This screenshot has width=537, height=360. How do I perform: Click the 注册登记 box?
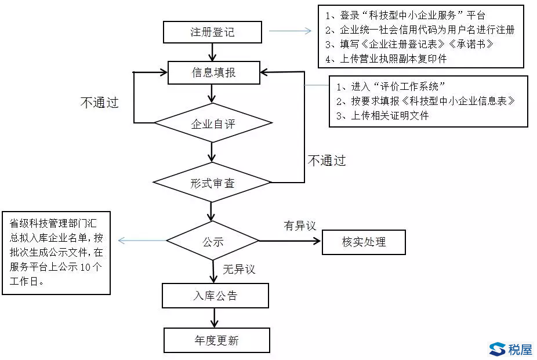(x=212, y=32)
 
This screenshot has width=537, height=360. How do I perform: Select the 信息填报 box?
(x=214, y=72)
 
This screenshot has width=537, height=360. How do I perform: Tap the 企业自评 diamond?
(x=213, y=123)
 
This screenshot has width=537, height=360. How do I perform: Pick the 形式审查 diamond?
(x=212, y=183)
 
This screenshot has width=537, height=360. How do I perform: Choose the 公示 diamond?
(x=213, y=241)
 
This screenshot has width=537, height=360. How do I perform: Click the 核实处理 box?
(x=364, y=242)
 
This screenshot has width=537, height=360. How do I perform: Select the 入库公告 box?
(x=215, y=296)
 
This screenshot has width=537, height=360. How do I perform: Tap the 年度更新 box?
(x=216, y=340)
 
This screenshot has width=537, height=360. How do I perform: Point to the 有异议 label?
(x=300, y=226)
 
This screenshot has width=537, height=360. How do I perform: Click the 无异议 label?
(x=239, y=270)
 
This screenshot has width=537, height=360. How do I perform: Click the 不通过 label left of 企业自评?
(x=99, y=103)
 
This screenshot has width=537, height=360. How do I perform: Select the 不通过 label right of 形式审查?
(x=326, y=161)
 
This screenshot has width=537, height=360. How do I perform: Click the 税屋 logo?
(x=511, y=350)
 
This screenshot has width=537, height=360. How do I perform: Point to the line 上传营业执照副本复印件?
(x=386, y=59)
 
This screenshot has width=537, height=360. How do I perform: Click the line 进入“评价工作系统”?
(x=390, y=86)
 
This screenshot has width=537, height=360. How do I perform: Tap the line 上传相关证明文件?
(x=382, y=116)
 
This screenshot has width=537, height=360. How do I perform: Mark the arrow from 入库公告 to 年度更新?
(x=215, y=318)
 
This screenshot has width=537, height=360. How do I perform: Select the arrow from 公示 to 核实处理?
(x=290, y=241)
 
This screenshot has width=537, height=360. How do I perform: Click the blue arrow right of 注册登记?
(x=290, y=31)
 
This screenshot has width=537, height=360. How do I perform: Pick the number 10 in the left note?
(x=85, y=267)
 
